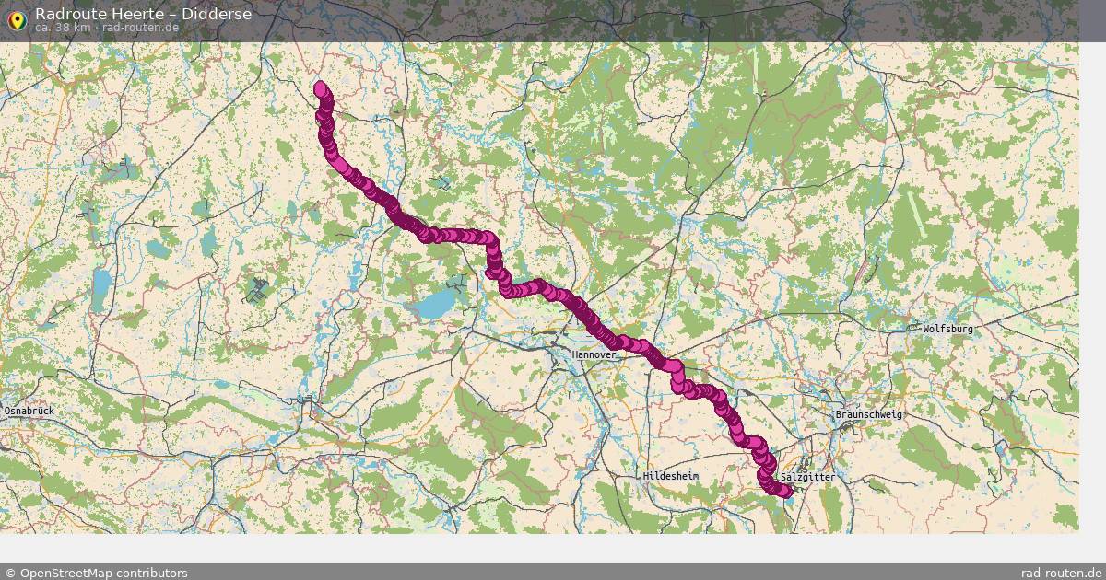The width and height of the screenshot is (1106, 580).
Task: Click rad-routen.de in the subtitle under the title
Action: point(140,28)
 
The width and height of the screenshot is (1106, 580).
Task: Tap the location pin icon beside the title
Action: point(15,18)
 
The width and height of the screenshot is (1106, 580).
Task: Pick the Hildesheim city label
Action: point(671,476)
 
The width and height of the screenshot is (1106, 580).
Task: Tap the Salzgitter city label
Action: point(807,478)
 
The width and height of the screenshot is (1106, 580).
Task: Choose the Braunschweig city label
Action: point(868,415)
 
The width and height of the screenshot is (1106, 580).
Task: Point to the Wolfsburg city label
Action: point(947,329)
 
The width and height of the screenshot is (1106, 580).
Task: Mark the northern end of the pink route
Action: point(321,88)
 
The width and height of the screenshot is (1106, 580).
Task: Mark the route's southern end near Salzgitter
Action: point(786,492)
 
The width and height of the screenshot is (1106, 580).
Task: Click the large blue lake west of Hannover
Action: point(433,303)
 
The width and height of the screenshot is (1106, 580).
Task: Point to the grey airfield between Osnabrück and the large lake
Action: point(256,291)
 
